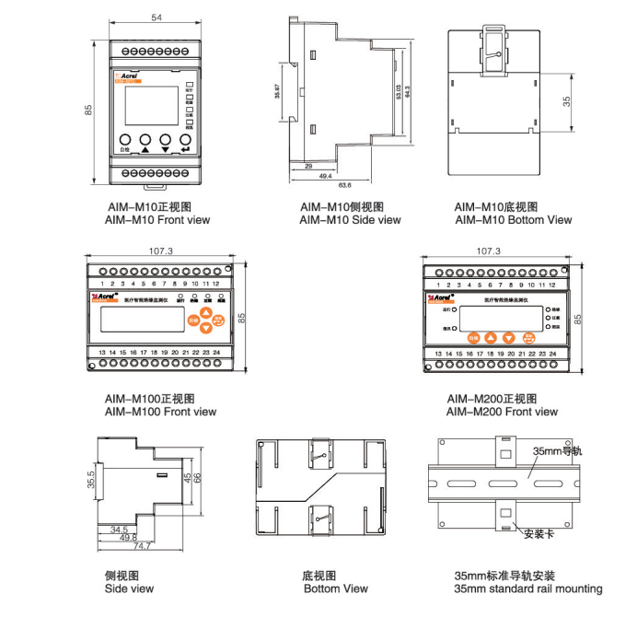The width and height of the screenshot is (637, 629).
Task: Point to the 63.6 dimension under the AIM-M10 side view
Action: (x=345, y=184)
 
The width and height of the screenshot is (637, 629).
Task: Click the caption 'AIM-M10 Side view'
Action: (x=350, y=220)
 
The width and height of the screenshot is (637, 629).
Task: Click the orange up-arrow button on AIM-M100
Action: (x=206, y=313)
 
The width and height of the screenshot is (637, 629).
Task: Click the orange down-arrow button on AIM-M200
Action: (x=508, y=338)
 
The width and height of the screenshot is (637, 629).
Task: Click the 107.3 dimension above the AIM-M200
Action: (x=488, y=250)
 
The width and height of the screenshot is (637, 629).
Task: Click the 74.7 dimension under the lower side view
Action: (x=142, y=546)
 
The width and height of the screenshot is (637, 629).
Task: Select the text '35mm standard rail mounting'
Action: (x=528, y=588)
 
